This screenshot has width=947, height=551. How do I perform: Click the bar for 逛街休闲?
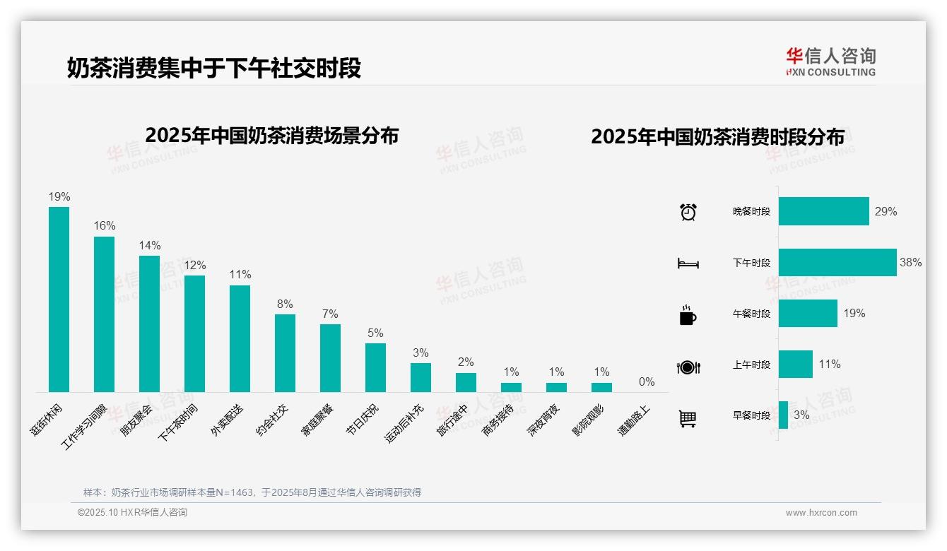click(59, 299)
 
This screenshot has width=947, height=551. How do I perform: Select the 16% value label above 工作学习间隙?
click(105, 225)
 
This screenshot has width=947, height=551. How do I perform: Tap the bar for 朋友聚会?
click(149, 324)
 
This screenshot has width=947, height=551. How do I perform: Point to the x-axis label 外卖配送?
click(227, 420)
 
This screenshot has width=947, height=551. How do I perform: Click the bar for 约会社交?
click(285, 352)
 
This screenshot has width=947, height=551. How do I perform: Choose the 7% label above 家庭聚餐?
click(330, 314)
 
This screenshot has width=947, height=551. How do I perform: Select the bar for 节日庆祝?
click(375, 367)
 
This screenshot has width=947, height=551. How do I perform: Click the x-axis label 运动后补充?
click(404, 423)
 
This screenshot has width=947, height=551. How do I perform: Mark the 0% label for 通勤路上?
click(647, 381)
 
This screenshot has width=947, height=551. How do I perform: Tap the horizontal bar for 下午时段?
click(837, 262)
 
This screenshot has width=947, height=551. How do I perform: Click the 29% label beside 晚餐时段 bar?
click(886, 211)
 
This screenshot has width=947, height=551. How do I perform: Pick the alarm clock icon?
click(688, 212)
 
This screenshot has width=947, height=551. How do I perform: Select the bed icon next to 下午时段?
click(688, 263)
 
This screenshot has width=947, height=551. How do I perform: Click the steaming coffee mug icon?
click(688, 315)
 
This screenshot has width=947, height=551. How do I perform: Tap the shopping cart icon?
click(688, 418)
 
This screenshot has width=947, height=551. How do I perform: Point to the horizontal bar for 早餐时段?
click(783, 415)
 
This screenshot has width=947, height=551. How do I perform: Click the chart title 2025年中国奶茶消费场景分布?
click(272, 136)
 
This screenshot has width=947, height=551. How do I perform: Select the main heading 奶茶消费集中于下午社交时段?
click(214, 68)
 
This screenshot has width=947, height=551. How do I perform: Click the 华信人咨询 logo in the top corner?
click(830, 61)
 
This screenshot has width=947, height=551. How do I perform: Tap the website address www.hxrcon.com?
click(821, 513)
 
